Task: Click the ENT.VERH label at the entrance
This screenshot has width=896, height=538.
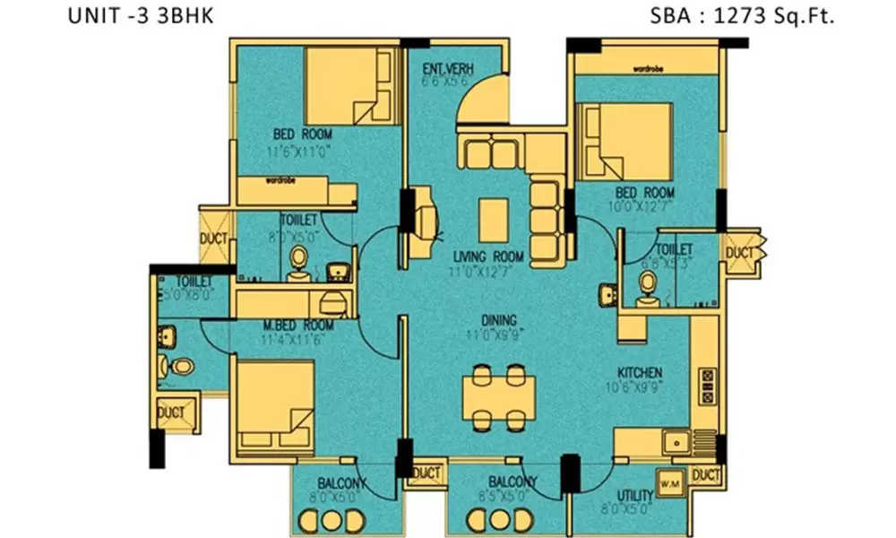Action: [447, 70]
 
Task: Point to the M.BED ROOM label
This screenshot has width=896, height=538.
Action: [298, 325]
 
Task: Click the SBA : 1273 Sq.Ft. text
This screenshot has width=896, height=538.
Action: [745, 17]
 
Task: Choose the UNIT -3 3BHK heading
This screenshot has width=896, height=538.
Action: [141, 17]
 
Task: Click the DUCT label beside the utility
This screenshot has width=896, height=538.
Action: [707, 475]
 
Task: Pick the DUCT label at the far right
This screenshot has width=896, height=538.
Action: [740, 253]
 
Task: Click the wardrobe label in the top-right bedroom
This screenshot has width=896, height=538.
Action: [647, 68]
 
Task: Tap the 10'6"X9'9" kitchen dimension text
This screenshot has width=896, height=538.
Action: [638, 389]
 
